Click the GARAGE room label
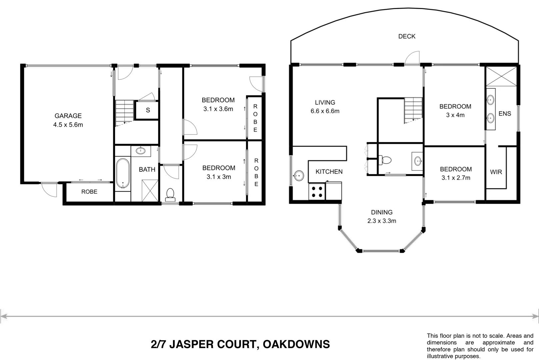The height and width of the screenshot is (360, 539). tap(68, 116)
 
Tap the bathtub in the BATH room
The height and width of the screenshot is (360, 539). tap(123, 173)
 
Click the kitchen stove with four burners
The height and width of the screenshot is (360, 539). tap(317, 192)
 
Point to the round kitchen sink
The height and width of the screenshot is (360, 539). tap(299, 175)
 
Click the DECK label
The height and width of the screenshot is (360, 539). tap(407, 36)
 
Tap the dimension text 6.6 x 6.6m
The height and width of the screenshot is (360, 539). tap(325, 111)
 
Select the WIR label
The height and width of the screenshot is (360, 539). tap(496, 172)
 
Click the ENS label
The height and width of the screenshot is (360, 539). tap(505, 114)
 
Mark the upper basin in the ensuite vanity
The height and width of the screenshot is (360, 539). tap(490, 99)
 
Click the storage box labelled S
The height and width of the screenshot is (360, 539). tap(148, 110)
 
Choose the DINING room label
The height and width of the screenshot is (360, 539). tap(382, 212)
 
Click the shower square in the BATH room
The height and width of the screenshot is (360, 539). tap(150, 190)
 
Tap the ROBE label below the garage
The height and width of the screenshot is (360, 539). tap(89, 192)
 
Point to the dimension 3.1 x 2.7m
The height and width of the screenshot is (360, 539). tap(456, 178)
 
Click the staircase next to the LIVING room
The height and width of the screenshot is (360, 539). tap(413, 110)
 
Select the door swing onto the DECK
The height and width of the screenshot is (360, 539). tap(412, 57)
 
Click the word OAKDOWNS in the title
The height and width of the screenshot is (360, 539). tap(296, 344)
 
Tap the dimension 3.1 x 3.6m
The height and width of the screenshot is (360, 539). tap(218, 109)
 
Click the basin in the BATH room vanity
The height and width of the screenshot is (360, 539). tap(141, 151)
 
